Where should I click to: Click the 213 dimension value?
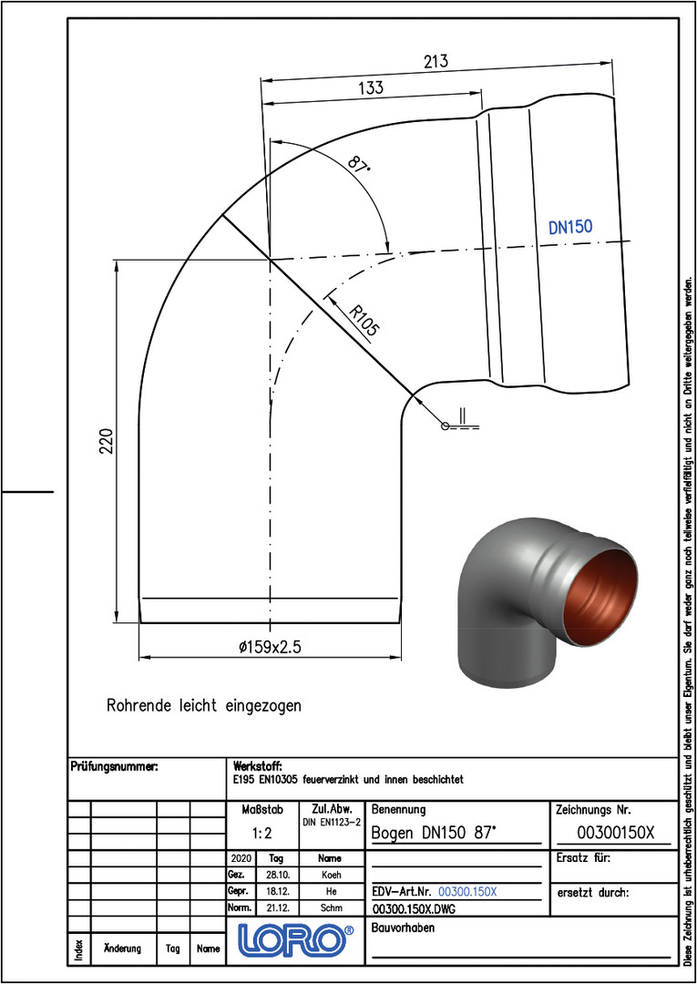point(436,62)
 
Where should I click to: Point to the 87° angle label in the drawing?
point(360,167)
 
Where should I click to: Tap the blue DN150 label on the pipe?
point(571,227)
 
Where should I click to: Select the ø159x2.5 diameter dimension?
point(271,649)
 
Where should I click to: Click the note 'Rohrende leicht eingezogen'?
point(204,705)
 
